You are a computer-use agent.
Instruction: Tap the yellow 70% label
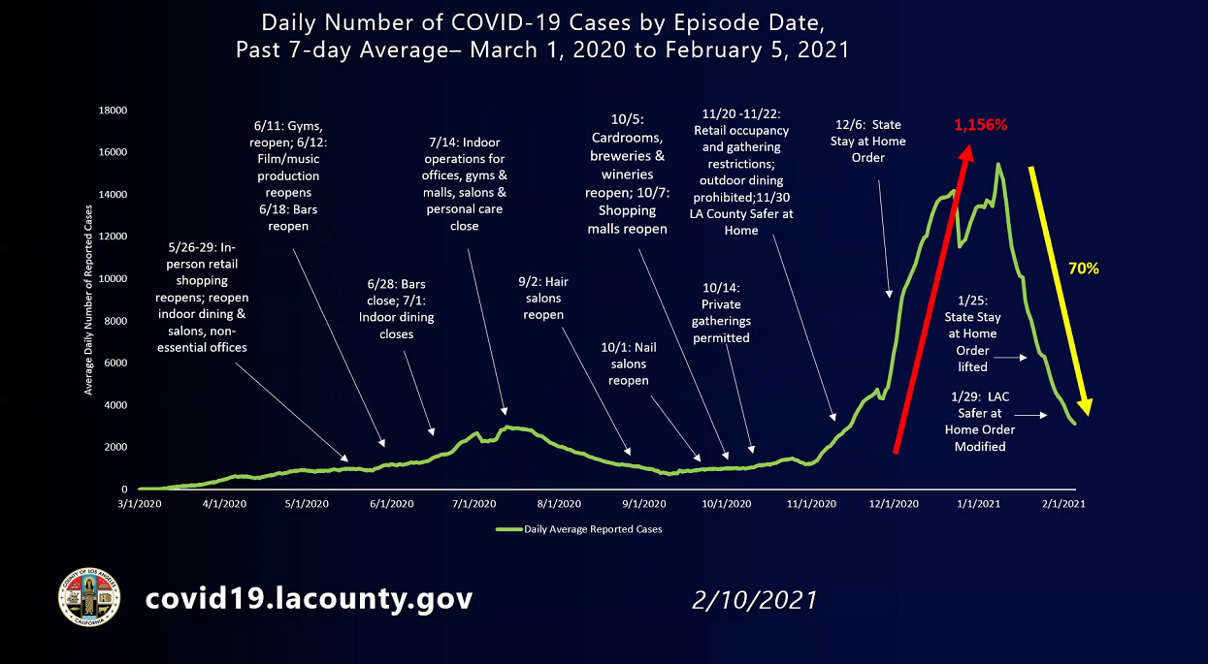click(1083, 269)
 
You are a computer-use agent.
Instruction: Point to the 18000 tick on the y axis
click(114, 111)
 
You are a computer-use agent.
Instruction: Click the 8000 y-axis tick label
click(116, 321)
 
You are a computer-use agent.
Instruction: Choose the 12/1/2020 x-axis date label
click(894, 504)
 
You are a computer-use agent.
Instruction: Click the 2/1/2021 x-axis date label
click(1062, 504)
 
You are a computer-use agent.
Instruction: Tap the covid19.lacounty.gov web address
click(309, 598)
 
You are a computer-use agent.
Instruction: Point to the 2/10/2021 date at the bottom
click(754, 600)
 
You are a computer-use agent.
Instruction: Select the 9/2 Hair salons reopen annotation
click(542, 299)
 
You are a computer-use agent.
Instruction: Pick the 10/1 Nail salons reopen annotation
click(629, 364)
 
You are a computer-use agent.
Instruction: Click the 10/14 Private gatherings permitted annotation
click(721, 312)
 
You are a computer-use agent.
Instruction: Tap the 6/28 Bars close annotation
click(396, 308)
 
